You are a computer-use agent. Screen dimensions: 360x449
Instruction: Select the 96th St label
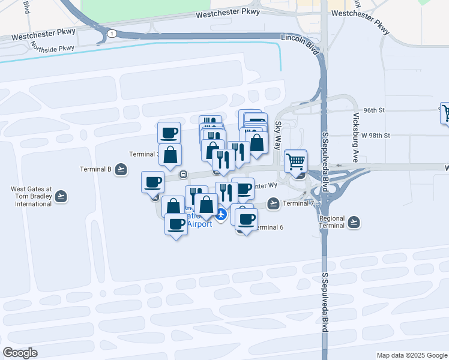pos(373,110)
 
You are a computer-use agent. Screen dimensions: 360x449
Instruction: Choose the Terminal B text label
pos(96,169)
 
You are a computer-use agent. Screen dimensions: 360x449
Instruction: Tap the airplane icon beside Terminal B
pos(121,169)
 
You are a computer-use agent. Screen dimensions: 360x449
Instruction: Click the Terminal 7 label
pos(298,203)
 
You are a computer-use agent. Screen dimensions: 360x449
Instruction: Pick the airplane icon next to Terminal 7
pos(274,203)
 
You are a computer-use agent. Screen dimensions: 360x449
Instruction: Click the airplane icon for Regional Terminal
pos(354,222)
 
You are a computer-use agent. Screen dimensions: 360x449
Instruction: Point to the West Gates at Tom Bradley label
pos(31,196)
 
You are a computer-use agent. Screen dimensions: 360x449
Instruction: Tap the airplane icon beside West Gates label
pos(61,196)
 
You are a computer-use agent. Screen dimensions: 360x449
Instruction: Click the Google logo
pos(20,353)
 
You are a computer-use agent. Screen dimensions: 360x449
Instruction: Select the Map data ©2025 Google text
pos(411,355)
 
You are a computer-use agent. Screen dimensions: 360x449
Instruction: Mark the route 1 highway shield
pos(112,34)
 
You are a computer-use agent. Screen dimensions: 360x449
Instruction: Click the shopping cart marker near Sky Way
pos(295,161)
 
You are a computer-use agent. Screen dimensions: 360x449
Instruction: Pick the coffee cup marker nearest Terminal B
pos(152,181)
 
